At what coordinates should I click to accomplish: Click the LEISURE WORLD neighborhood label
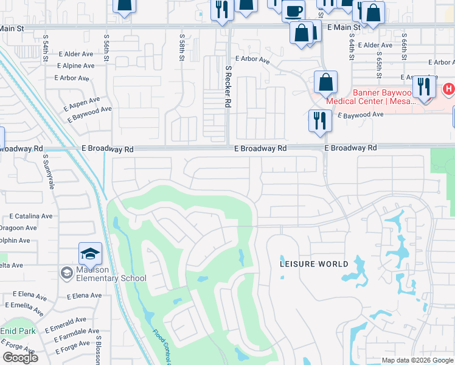click(314, 264)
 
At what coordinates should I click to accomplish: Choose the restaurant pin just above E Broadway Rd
click(319, 120)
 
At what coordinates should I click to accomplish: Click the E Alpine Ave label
click(76, 66)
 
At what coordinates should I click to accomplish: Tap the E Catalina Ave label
click(30, 216)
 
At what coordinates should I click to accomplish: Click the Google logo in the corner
click(20, 358)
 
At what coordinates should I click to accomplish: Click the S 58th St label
click(181, 47)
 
